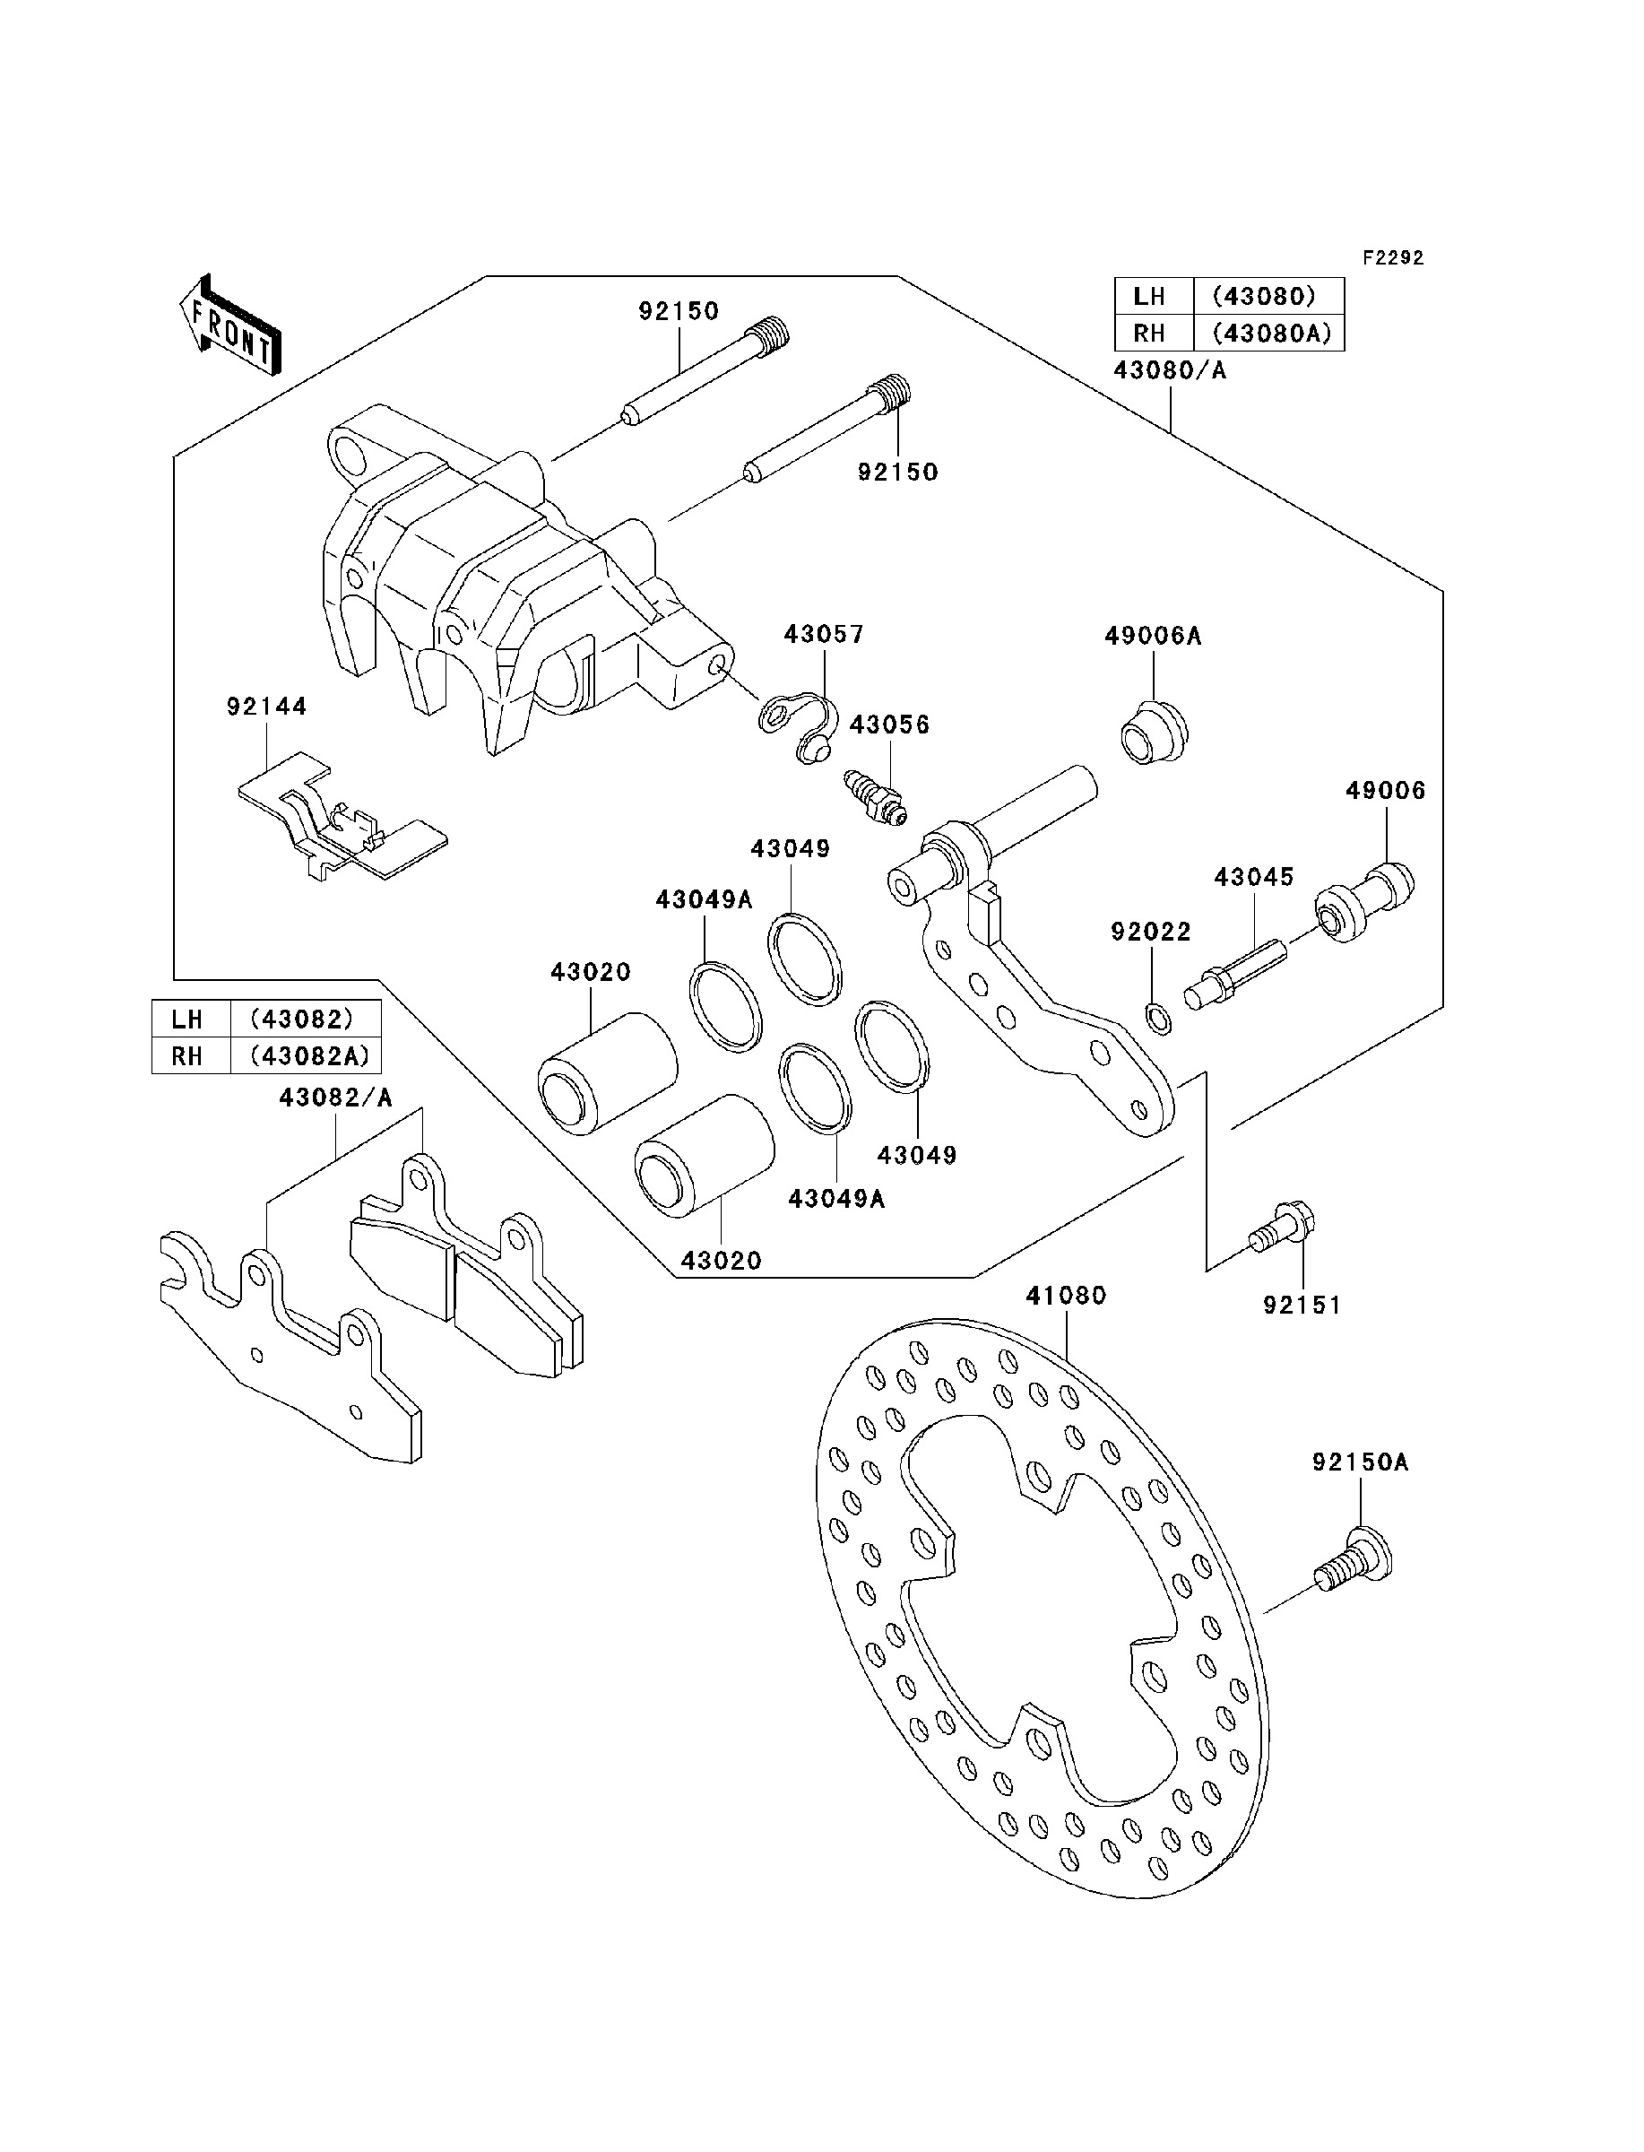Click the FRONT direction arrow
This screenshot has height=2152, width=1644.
click(231, 324)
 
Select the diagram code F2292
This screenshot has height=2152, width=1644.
click(1394, 257)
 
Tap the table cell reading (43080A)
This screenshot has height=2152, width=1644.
click(1271, 333)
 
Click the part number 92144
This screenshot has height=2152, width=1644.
click(266, 706)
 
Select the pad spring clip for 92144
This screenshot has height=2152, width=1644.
click(342, 815)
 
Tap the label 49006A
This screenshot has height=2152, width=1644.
click(1153, 636)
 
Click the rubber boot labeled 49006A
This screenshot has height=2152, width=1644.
click(1154, 731)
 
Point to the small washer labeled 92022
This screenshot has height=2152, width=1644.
click(1155, 1019)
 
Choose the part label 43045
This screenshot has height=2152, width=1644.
click(1253, 877)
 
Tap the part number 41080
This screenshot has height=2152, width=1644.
click(1066, 1296)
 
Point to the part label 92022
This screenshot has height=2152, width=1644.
click(1151, 932)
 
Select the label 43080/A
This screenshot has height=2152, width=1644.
click(1170, 371)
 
